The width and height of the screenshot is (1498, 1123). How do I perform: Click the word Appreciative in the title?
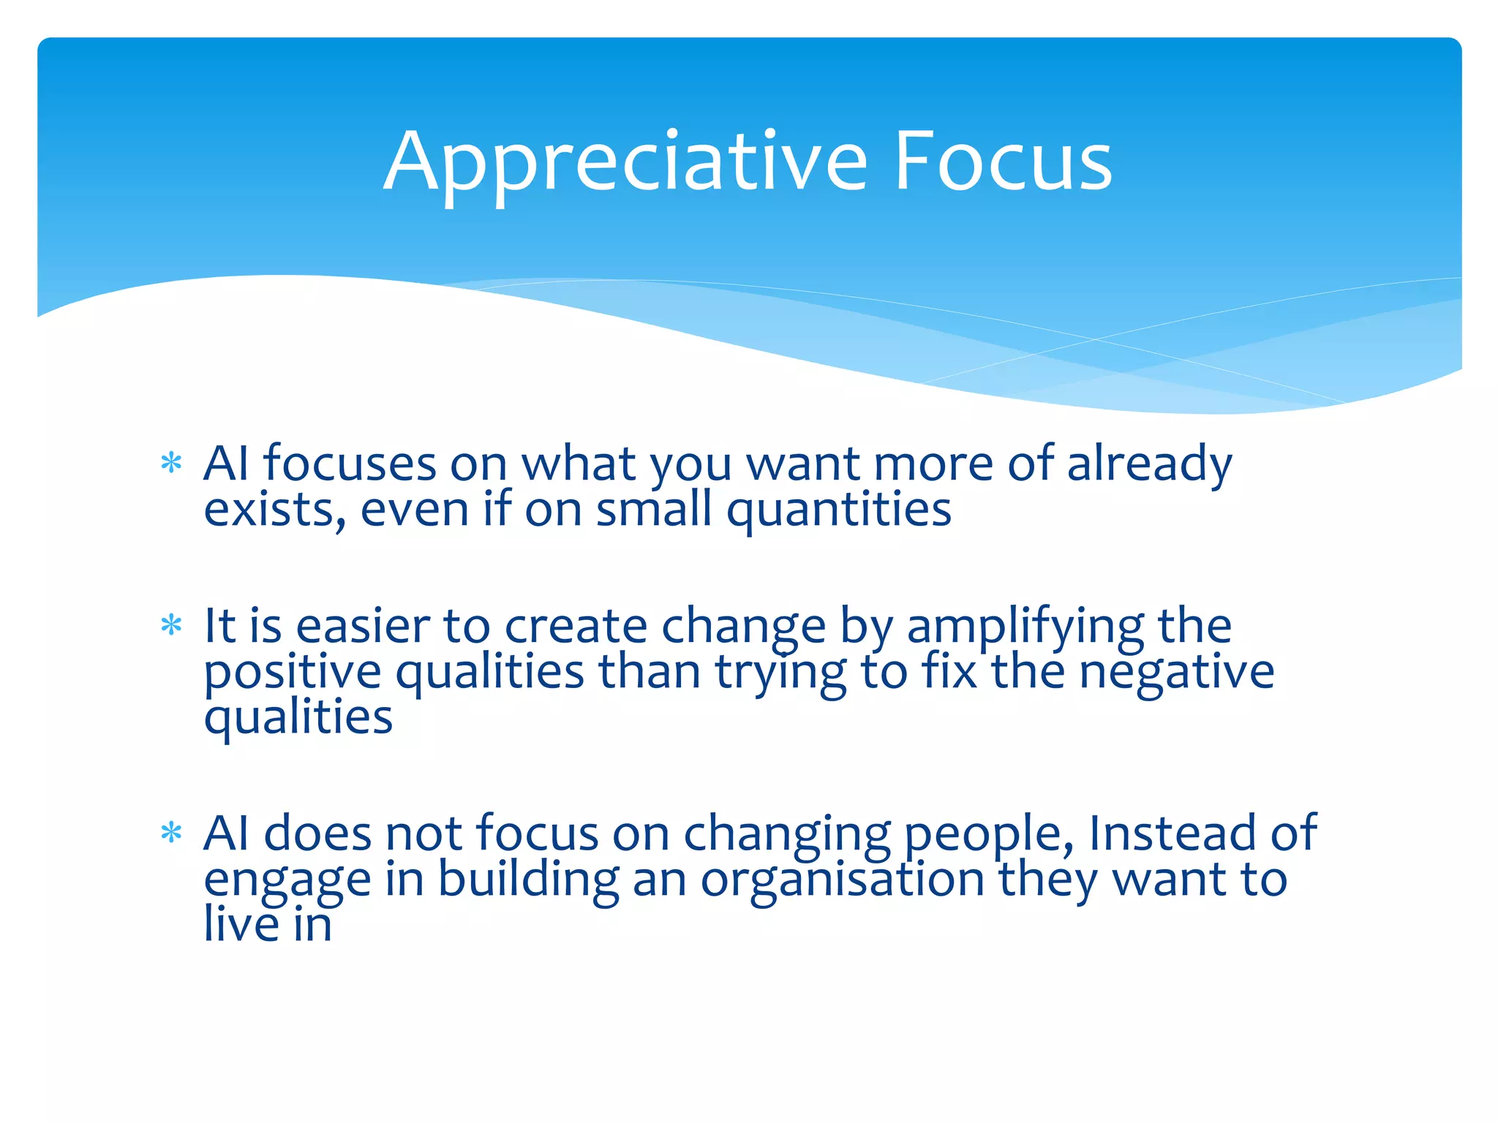625,162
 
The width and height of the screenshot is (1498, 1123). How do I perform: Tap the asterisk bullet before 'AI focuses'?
171,464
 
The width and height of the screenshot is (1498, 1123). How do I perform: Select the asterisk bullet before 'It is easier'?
171,626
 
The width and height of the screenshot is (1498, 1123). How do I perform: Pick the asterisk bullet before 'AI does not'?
171,833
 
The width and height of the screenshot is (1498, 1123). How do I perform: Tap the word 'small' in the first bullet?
653,510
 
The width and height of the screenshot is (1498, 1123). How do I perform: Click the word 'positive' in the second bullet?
292,673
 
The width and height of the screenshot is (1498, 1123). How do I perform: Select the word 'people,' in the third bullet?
988,835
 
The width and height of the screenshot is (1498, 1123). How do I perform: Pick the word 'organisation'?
842,880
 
